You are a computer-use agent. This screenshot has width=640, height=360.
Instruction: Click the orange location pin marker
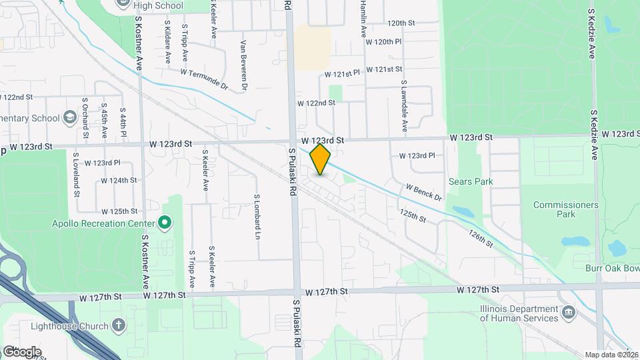(x=321, y=159)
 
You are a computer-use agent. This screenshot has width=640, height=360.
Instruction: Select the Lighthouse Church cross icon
(x=118, y=325)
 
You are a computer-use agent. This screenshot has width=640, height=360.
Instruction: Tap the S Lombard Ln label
(x=257, y=217)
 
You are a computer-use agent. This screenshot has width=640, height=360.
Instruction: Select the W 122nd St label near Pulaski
(x=316, y=103)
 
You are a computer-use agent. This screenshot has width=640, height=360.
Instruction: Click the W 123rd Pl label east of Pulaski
(x=417, y=155)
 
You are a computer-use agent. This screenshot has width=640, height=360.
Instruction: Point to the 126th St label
(x=480, y=239)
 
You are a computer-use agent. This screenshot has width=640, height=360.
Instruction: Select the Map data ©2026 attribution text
(x=612, y=355)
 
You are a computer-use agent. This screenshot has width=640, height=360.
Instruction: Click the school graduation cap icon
(x=69, y=118)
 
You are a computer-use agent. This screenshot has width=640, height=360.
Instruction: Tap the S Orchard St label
(x=85, y=119)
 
